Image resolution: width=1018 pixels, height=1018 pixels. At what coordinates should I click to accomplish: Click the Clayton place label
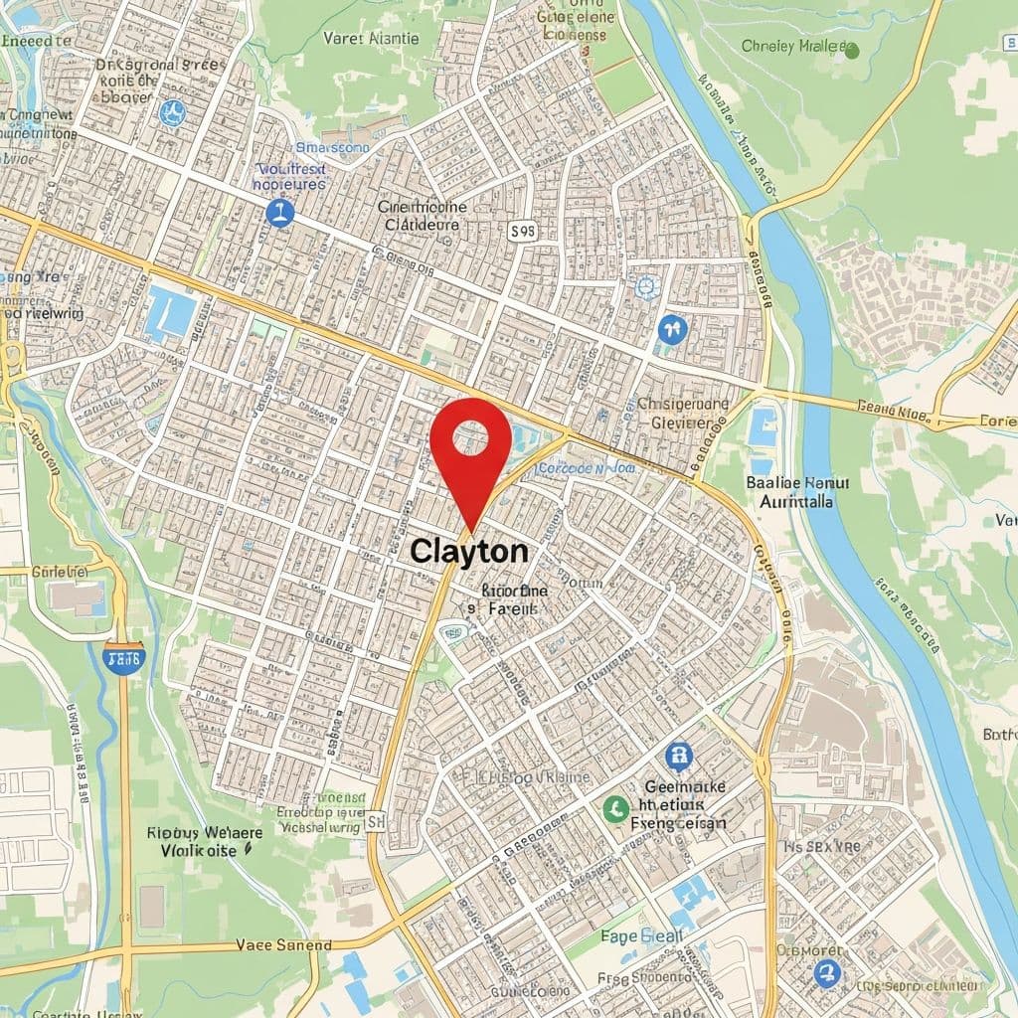(469, 551)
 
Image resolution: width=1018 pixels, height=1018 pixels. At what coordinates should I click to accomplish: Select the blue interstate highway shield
(123, 657)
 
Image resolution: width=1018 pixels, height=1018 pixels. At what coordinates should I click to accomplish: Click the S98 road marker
(522, 232)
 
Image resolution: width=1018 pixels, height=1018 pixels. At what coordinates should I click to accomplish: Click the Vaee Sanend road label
(283, 944)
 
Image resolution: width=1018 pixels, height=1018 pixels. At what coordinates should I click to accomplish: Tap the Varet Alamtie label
(371, 39)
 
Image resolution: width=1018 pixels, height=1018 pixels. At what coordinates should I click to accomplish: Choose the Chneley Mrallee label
(798, 47)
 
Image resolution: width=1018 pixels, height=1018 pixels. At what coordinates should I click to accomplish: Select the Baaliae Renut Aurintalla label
(797, 492)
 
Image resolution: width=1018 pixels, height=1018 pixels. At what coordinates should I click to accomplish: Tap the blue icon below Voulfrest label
(280, 212)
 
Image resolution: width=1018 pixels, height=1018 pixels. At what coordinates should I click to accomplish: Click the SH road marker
(375, 821)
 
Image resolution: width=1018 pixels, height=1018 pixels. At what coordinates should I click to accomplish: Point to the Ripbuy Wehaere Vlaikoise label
(204, 841)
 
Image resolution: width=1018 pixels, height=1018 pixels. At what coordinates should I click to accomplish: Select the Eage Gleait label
(641, 935)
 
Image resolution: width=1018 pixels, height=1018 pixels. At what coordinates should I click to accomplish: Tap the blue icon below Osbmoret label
(825, 973)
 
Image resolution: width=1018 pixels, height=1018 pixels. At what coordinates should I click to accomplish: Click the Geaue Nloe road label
(892, 407)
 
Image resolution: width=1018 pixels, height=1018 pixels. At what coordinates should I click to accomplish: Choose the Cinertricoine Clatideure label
(422, 216)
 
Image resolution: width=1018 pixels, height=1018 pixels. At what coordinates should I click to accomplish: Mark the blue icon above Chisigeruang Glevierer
(672, 329)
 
